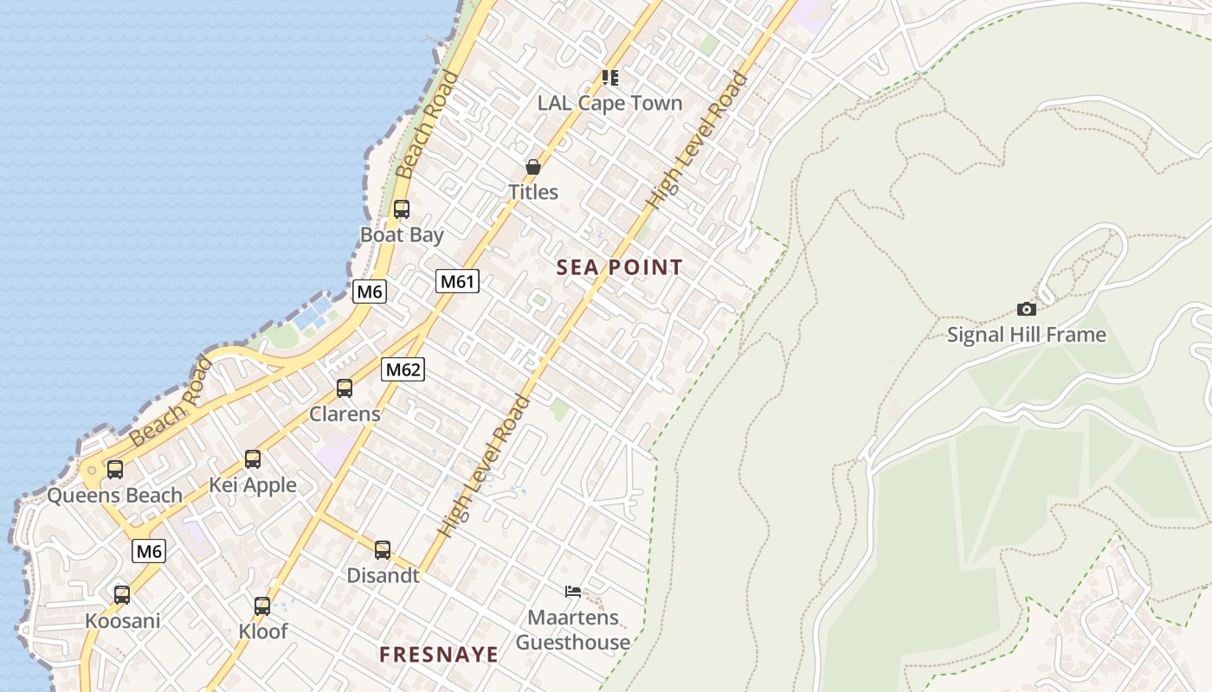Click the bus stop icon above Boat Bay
401,208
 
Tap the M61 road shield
457,281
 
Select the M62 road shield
403,370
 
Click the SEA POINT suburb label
620,267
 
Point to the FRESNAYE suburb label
439,655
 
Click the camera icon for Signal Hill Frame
1026,309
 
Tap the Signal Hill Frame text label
1026,335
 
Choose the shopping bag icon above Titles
532,166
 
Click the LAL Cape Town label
609,103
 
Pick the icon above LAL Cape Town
609,78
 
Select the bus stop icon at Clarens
345,388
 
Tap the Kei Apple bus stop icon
252,459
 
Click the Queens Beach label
114,496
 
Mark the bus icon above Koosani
122,595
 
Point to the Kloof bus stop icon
262,605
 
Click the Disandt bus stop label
383,575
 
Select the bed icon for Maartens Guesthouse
572,592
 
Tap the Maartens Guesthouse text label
573,630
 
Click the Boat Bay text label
402,234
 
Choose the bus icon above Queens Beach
114,470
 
